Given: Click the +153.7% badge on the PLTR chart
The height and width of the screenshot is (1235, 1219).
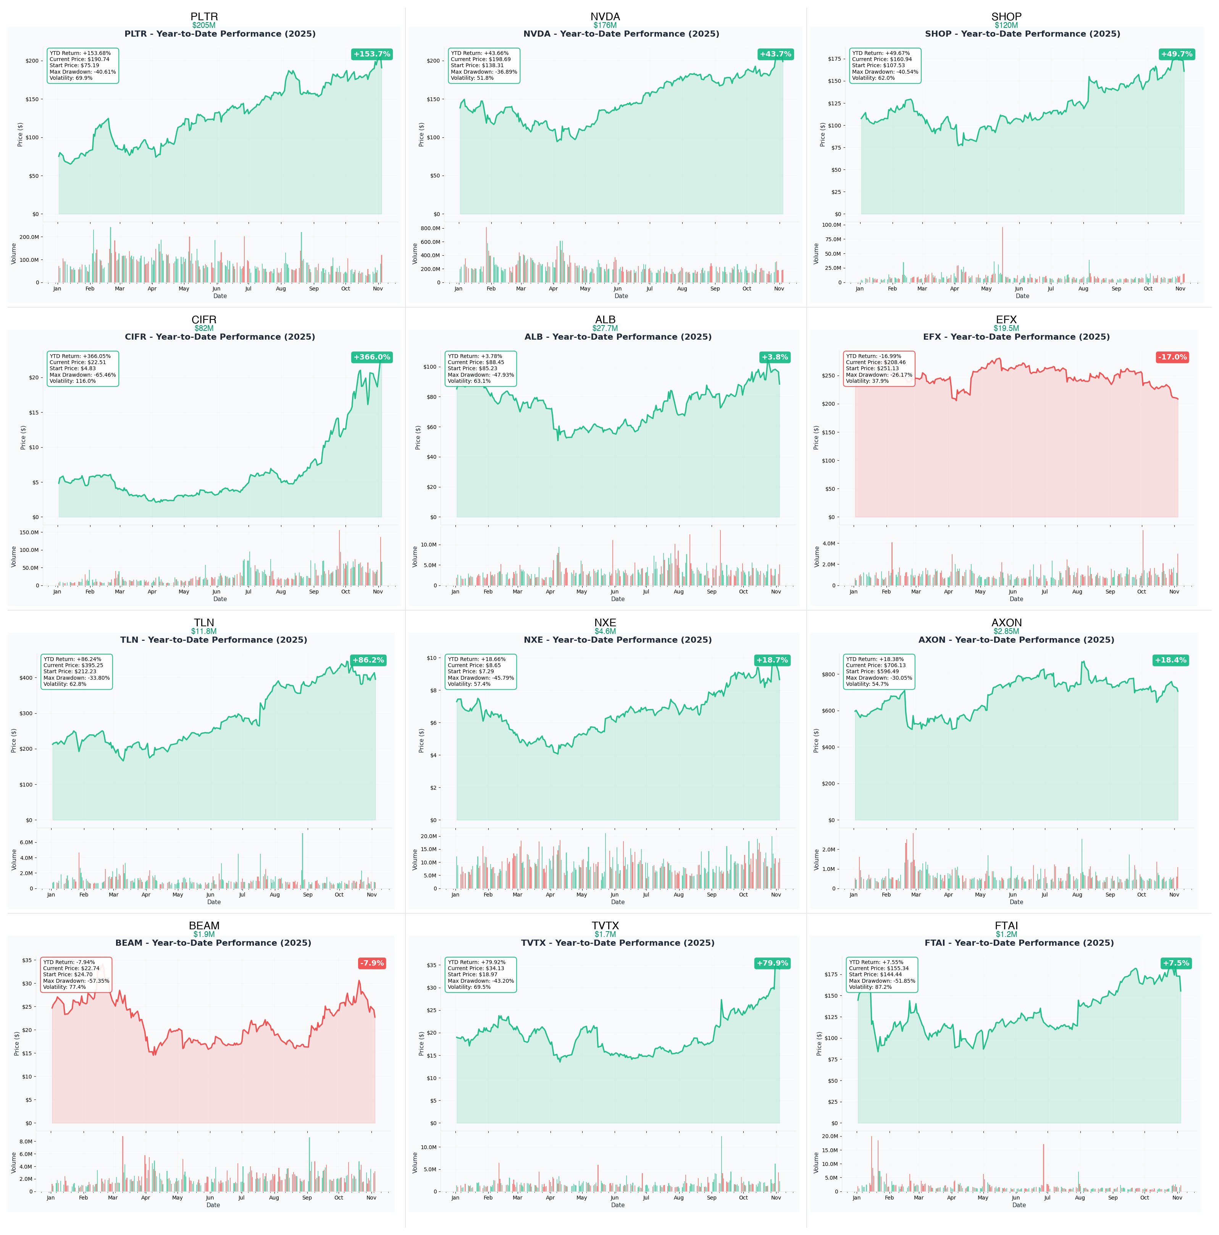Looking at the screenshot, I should (x=371, y=54).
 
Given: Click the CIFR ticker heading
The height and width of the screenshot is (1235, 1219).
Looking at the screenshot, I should (x=203, y=319).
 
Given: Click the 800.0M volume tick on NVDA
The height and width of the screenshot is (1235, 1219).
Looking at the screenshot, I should (x=430, y=228).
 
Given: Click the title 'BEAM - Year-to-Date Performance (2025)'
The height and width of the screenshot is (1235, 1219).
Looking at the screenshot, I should (x=213, y=943).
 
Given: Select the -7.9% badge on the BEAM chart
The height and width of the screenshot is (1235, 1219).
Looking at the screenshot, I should (x=371, y=963).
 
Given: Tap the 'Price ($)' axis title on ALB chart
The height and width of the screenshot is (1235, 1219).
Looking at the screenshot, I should (x=418, y=438).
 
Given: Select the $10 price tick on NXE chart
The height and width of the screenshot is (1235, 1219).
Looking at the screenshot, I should (x=432, y=658).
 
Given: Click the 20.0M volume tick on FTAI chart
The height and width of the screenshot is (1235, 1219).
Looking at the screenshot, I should (x=830, y=1137).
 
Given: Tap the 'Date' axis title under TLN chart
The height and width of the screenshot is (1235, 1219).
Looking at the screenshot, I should (x=214, y=902).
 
